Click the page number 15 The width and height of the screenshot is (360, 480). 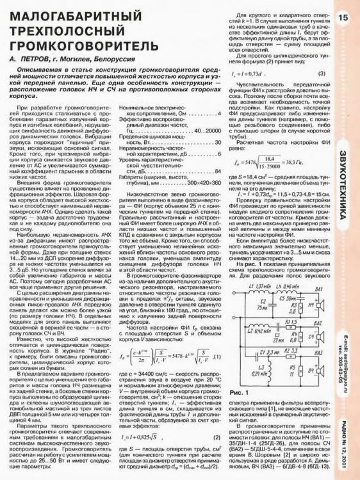(344, 17)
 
